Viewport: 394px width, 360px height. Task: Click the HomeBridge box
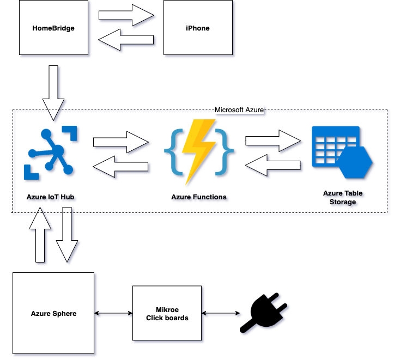click(53, 27)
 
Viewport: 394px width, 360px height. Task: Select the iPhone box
click(198, 27)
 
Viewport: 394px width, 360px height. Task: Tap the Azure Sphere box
click(53, 313)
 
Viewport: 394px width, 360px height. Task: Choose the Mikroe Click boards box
click(167, 313)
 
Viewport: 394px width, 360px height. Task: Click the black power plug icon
click(263, 313)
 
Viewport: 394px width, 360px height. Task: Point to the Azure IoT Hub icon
click(50, 152)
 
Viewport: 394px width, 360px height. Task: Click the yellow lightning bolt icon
click(199, 152)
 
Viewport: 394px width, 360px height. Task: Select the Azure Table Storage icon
click(342, 152)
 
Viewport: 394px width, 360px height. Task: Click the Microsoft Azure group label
click(239, 109)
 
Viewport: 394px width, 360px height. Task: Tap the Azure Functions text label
click(199, 197)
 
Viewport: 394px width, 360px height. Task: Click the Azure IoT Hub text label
click(50, 197)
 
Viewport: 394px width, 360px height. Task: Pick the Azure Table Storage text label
click(343, 198)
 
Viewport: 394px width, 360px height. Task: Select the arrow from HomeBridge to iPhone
click(126, 15)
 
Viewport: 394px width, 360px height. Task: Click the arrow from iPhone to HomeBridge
click(126, 40)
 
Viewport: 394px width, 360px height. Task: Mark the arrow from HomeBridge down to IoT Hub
click(53, 93)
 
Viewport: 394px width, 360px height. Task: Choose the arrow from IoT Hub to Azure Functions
click(121, 142)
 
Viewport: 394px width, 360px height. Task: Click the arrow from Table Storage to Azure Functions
click(273, 165)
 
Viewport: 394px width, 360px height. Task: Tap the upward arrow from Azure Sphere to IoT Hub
click(40, 235)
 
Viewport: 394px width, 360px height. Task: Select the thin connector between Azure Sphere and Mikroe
click(113, 313)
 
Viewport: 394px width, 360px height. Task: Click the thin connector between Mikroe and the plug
click(221, 313)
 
